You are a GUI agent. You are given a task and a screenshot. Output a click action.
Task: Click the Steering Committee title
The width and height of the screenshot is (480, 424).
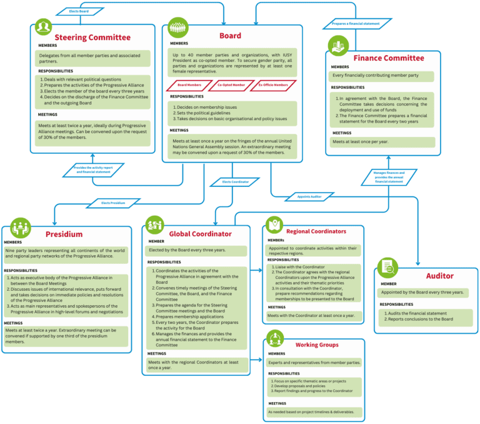pos(92,38)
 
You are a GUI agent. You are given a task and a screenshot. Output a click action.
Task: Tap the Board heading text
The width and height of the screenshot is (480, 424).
pos(229,36)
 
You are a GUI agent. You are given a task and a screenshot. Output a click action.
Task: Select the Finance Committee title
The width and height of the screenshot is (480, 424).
pos(388,58)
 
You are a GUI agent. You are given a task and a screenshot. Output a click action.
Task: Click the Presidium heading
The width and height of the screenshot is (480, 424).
pos(64,234)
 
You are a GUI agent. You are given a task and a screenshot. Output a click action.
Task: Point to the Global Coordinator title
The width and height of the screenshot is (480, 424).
pos(198,233)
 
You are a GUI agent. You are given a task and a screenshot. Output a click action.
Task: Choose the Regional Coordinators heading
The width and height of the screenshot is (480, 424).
pos(321,231)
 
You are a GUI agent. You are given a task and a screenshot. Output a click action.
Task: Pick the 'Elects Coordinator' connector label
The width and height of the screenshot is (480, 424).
pos(236,182)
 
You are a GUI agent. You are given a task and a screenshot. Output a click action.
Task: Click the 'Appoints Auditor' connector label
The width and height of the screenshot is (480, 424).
pos(309,196)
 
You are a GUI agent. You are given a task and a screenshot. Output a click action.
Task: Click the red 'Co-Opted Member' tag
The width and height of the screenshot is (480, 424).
pos(229,84)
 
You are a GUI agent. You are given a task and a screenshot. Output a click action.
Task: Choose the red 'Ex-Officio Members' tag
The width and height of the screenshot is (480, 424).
pos(273,84)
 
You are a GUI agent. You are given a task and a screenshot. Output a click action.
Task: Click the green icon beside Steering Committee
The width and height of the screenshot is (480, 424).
pos(42,28)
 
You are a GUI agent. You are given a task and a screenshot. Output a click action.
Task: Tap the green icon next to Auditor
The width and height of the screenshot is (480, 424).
pos(387,267)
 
